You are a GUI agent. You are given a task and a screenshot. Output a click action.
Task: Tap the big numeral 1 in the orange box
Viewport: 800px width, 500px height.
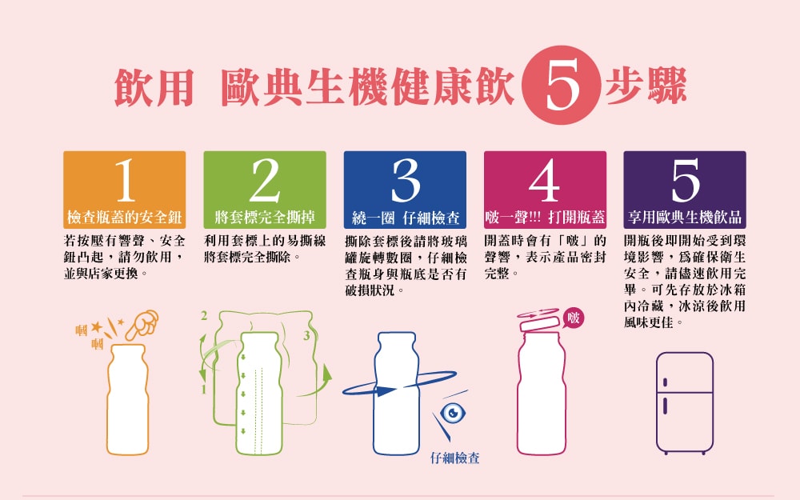coord(125,179)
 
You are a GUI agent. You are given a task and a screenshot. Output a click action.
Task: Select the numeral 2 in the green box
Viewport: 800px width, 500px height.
coord(265,179)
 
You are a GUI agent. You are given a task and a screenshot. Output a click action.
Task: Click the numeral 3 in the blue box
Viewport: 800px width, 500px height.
coord(405,179)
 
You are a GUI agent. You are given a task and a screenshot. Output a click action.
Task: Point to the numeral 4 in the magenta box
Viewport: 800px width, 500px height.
coord(544,180)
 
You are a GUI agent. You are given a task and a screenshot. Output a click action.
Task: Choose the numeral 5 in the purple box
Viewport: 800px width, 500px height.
coord(686,180)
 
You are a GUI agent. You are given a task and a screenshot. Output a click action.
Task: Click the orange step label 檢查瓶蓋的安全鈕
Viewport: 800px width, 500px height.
coord(125,218)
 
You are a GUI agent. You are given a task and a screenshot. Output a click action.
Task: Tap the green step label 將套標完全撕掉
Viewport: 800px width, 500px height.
coord(265,218)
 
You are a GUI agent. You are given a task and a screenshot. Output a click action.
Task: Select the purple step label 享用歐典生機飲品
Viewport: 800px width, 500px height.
coord(685,218)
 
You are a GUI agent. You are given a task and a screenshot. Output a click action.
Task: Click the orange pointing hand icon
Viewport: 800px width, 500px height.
coord(142,325)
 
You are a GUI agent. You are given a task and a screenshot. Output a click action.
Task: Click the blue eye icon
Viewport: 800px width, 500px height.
coord(453,412)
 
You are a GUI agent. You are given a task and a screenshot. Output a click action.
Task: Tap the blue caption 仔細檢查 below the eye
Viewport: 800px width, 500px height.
coord(454,458)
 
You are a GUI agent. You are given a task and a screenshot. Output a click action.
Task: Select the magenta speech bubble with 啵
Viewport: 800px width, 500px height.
coord(574,318)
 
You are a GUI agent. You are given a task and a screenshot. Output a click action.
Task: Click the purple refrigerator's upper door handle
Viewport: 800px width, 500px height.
coord(666,382)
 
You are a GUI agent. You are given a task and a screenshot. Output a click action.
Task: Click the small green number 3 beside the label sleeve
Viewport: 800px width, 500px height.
coord(306,335)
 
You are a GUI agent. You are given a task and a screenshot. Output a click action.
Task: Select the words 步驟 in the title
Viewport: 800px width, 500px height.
coord(646,86)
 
